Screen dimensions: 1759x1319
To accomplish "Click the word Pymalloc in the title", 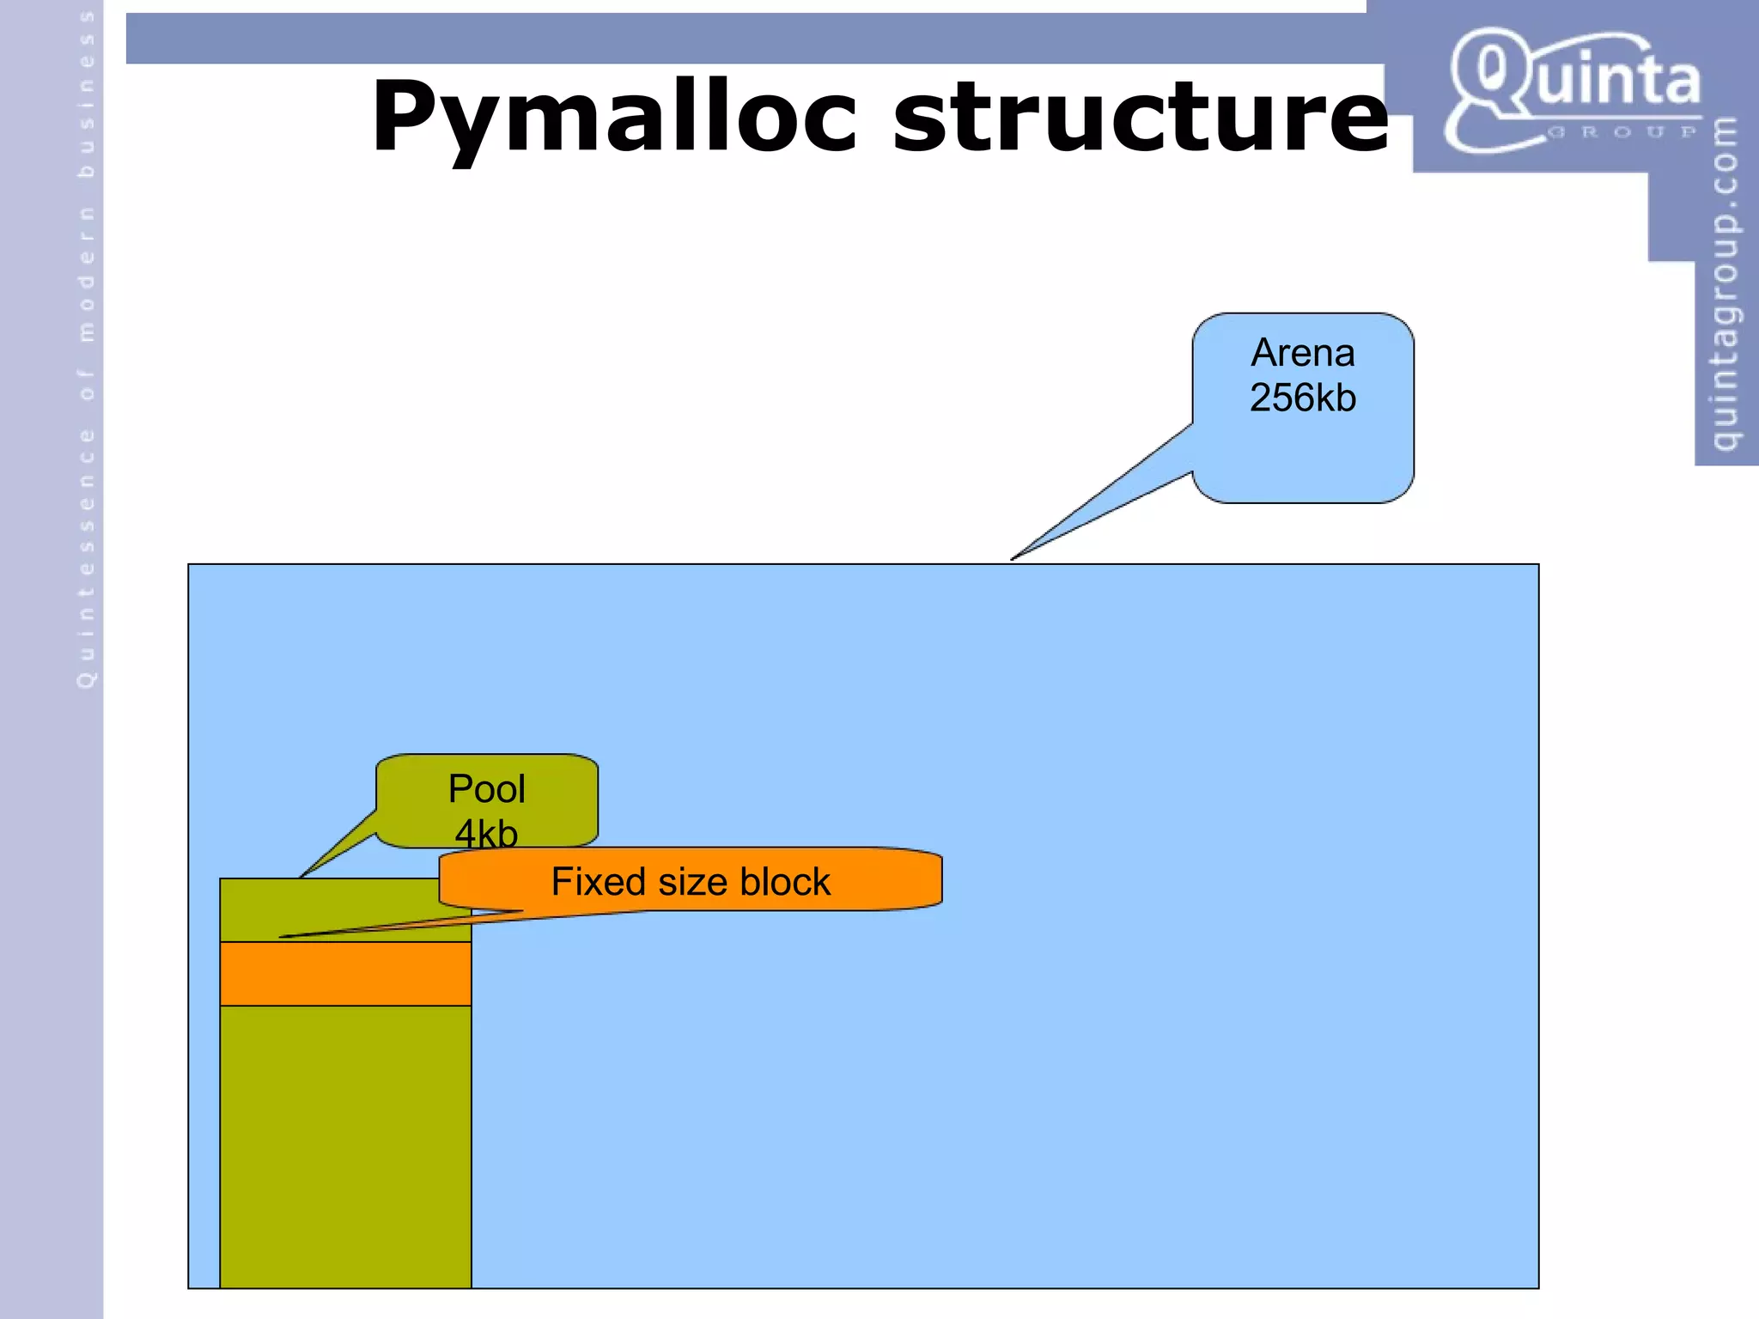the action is (x=613, y=117).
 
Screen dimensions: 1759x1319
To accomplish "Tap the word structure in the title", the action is (x=1140, y=117).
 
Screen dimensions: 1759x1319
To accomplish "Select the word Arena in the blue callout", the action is (x=1302, y=353).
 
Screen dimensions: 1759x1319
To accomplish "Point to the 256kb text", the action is (x=1302, y=398).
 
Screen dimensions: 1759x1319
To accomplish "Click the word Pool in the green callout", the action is (x=486, y=789).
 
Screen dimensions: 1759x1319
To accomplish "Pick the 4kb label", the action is (x=486, y=833).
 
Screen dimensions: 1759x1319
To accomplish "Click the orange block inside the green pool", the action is (x=345, y=974).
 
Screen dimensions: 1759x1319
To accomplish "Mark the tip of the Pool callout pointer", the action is (x=301, y=876).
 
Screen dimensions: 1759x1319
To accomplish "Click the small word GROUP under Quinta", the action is (x=1622, y=132).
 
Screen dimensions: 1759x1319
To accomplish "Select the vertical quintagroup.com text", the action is (x=1725, y=283).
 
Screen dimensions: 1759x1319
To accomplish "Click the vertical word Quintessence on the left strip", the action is (x=86, y=558).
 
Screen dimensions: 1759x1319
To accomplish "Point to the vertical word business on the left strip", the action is (x=86, y=94).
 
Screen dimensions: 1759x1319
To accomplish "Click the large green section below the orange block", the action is (x=345, y=1146).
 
